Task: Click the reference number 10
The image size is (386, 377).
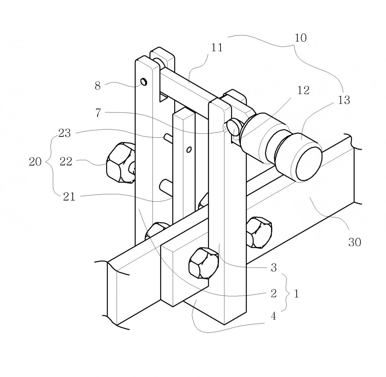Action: (x=301, y=38)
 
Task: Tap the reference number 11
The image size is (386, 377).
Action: (x=217, y=47)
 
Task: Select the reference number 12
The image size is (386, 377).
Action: (x=303, y=91)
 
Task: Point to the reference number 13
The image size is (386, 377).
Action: (x=344, y=100)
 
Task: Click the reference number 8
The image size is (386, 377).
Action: (x=98, y=86)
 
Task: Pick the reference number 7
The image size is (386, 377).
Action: (x=98, y=113)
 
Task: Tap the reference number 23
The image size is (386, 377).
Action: (x=64, y=133)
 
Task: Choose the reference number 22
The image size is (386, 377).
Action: (x=66, y=162)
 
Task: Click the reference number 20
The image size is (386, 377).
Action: (x=35, y=162)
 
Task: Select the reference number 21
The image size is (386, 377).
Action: (x=69, y=197)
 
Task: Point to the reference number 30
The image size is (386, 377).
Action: (x=355, y=242)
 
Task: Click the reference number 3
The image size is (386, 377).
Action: (x=274, y=268)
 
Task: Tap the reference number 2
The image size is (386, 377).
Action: (x=274, y=293)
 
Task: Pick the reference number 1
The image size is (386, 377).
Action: (x=296, y=293)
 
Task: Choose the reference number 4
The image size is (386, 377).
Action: (x=274, y=316)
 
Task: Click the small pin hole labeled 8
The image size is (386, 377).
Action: (x=144, y=81)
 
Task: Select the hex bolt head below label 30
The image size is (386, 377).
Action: (x=259, y=232)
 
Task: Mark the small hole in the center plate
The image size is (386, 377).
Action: (x=189, y=150)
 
